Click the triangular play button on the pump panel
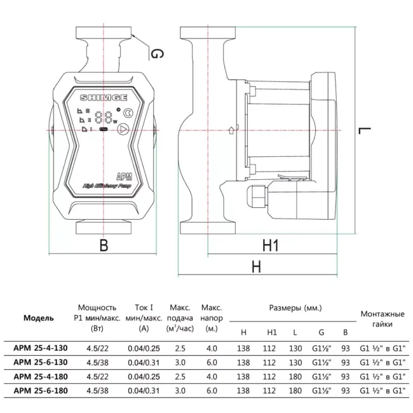pos(123,131)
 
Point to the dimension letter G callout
pos(156,54)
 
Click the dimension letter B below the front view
pos(104,244)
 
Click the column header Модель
pos(38,318)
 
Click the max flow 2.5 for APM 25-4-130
pos(180,348)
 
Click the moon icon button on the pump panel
pos(128,114)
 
